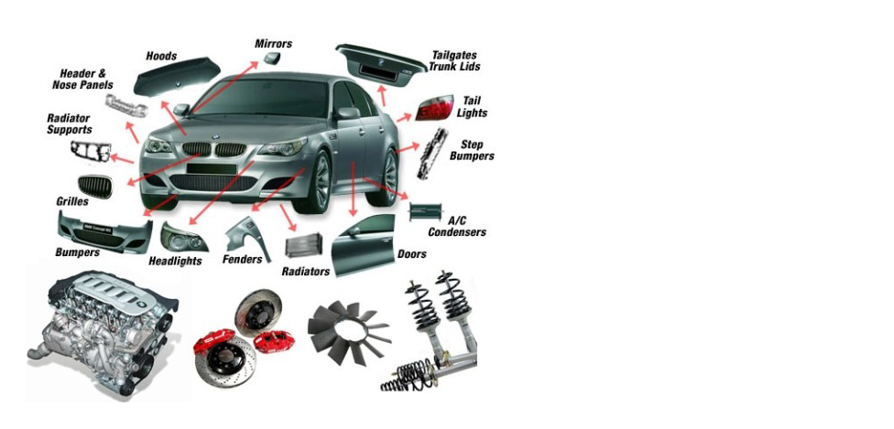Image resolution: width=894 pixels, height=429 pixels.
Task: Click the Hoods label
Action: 161,56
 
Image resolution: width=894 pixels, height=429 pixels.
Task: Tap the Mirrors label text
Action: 273,44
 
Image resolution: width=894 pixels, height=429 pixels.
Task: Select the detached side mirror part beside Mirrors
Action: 272,58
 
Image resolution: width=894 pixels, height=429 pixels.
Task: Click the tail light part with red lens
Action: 434,108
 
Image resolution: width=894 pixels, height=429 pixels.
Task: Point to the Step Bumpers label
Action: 472,150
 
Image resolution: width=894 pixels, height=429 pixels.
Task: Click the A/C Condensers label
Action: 457,227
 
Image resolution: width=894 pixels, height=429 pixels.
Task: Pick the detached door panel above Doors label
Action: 363,245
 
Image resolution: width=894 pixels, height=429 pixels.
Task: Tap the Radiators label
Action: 306,272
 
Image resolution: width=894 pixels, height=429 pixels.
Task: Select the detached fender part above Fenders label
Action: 247,235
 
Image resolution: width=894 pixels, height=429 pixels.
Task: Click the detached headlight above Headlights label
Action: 183,237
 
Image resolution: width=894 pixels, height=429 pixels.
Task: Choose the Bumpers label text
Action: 78,252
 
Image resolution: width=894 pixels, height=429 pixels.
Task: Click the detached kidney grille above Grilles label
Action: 95,186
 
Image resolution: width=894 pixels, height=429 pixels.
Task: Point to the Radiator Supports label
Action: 69,123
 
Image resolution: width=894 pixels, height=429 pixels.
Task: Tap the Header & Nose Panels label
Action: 82,80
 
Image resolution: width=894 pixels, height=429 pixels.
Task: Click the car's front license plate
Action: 212,169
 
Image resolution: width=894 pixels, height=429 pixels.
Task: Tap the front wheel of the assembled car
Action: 320,181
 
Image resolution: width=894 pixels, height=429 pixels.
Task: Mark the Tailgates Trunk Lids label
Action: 455,61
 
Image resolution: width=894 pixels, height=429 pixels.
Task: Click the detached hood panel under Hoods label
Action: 177,76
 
